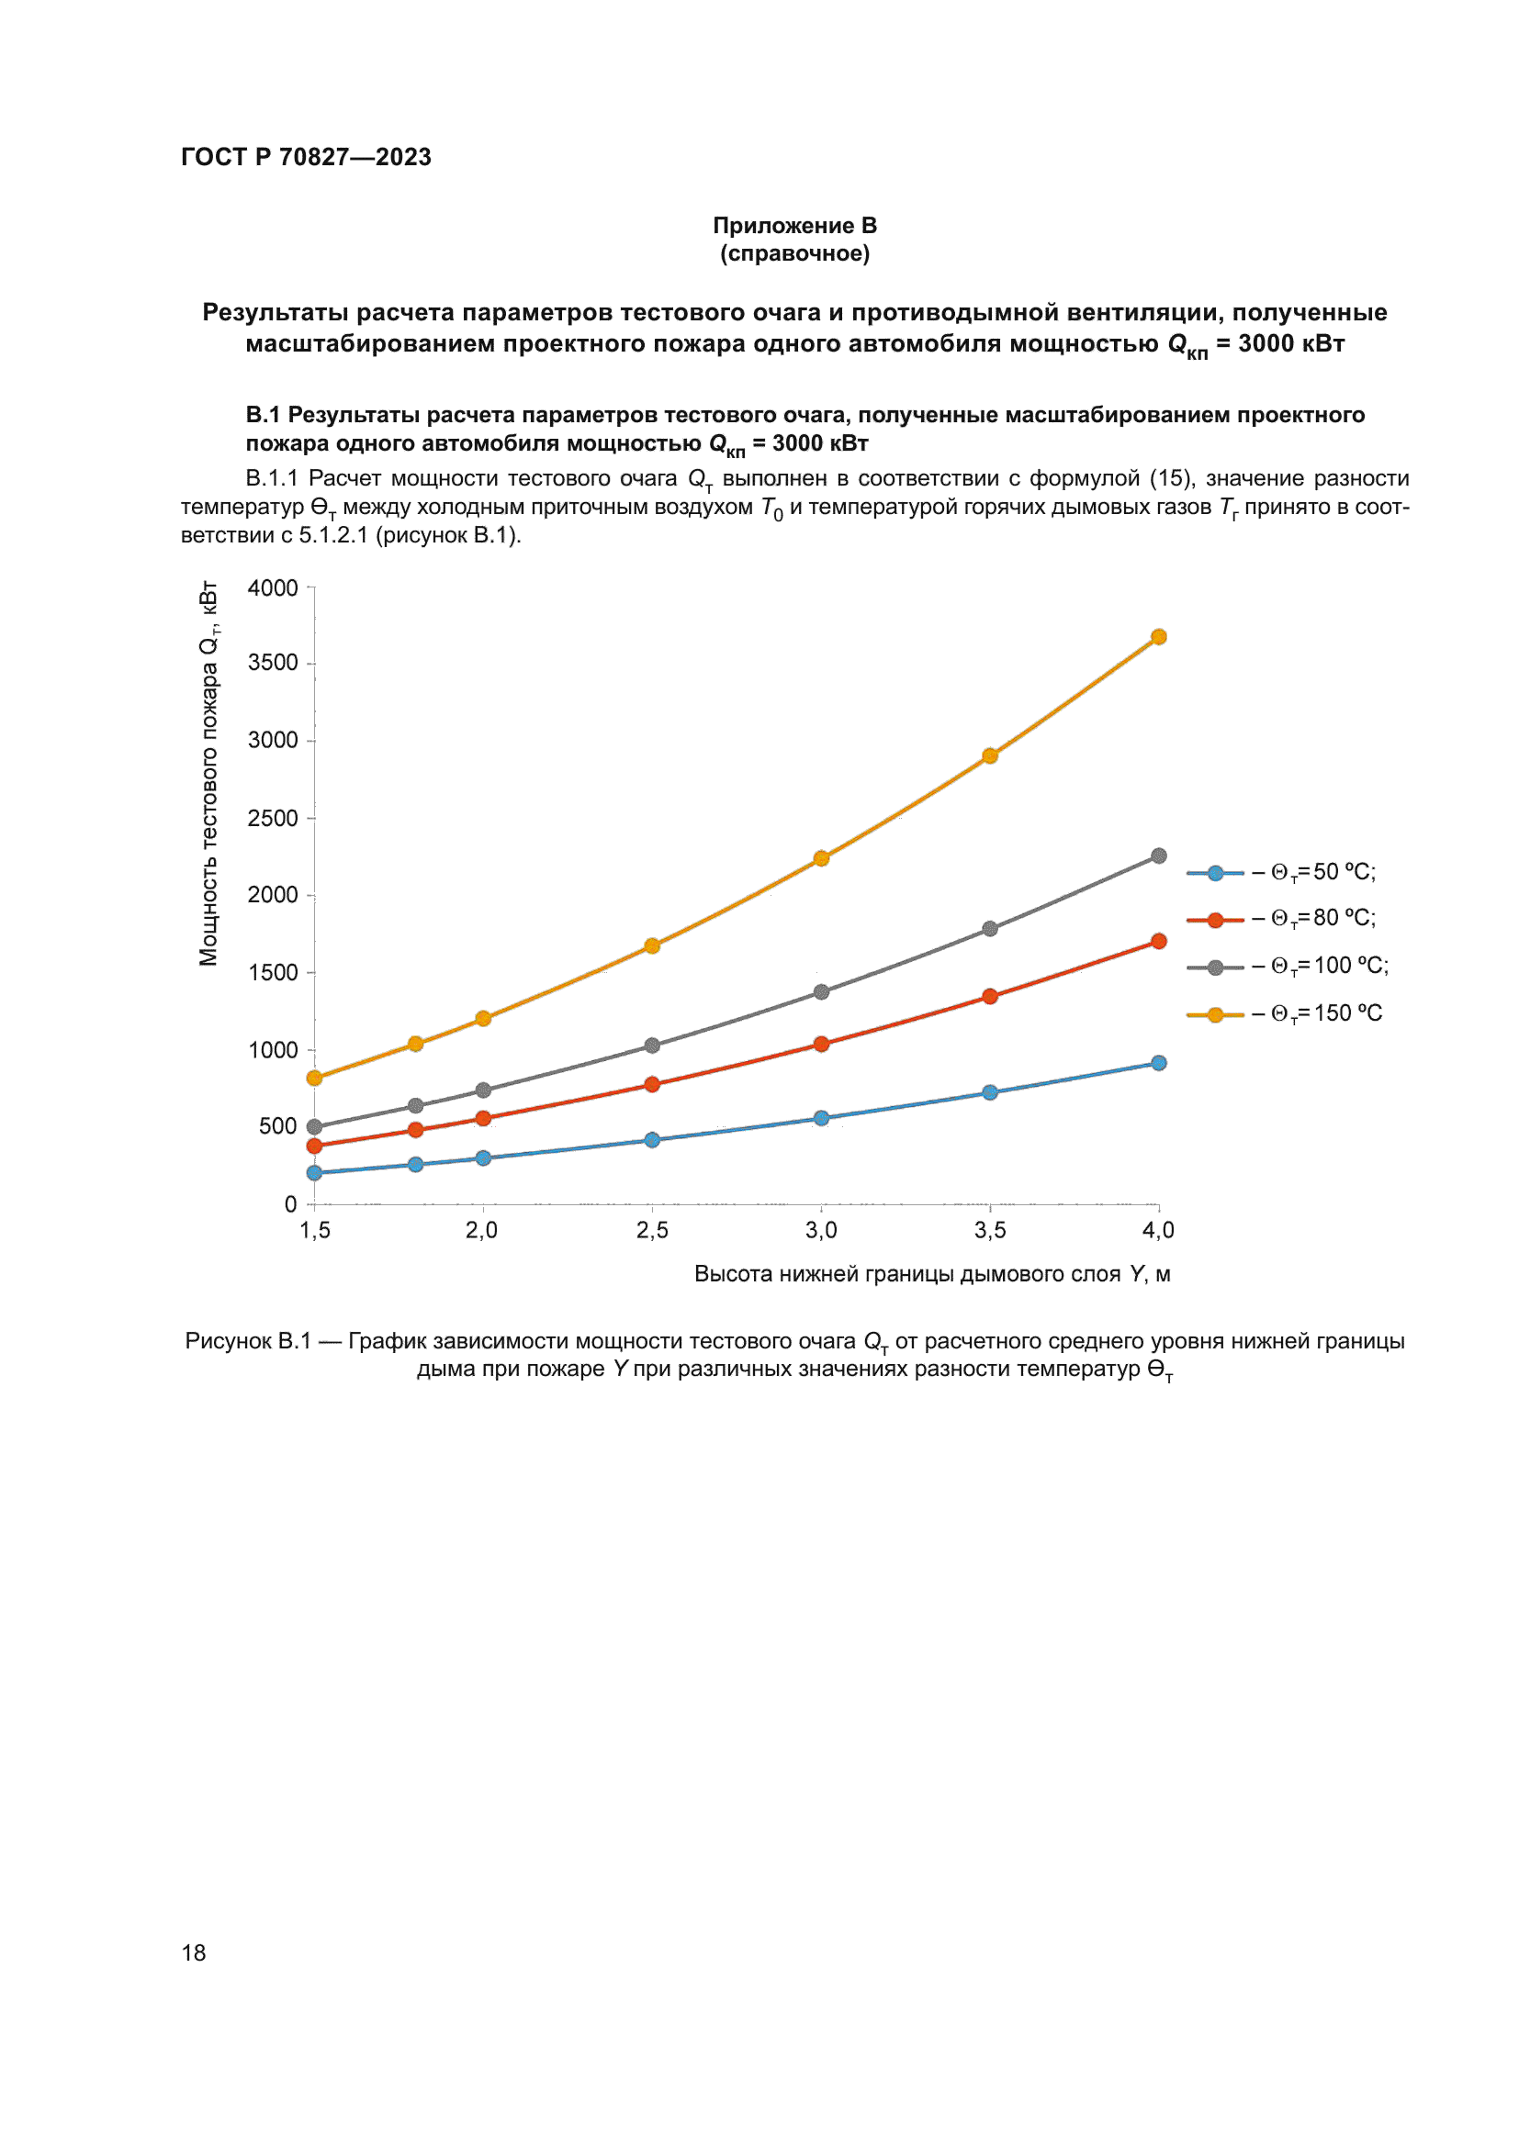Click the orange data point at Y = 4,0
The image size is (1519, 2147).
click(1158, 637)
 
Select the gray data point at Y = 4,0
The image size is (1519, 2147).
click(1158, 855)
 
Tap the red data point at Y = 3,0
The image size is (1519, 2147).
click(821, 1044)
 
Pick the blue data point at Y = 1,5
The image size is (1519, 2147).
click(314, 1172)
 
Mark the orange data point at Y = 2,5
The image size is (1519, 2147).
click(652, 945)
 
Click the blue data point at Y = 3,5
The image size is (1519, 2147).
click(990, 1092)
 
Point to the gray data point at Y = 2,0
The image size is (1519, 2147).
click(483, 1090)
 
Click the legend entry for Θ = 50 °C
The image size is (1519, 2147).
click(1281, 872)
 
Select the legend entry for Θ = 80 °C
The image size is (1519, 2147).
click(1281, 919)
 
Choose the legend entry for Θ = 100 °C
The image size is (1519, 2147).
click(1287, 966)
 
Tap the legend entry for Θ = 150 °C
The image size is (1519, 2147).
click(1284, 1013)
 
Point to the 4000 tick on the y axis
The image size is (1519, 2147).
click(272, 588)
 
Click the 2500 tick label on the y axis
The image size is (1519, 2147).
click(272, 818)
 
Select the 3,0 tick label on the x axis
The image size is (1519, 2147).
click(821, 1231)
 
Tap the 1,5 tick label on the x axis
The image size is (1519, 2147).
click(315, 1231)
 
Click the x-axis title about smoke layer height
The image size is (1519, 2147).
click(931, 1274)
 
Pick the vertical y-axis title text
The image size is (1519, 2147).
click(208, 773)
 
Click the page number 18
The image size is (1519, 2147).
click(194, 1952)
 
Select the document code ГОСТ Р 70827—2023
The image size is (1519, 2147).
click(306, 157)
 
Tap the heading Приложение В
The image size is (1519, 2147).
click(794, 226)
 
